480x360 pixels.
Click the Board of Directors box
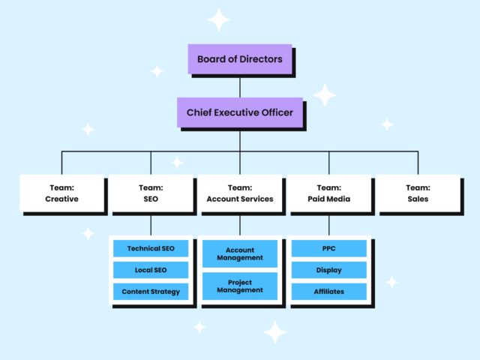click(x=239, y=58)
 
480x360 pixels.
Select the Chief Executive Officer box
click(x=239, y=112)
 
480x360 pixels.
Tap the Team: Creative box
click(x=61, y=193)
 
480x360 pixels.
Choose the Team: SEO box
click(x=150, y=193)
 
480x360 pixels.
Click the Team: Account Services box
click(x=239, y=193)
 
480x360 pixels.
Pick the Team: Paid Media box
click(x=328, y=193)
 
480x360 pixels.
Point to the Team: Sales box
click(x=417, y=193)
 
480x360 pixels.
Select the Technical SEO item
click(x=150, y=248)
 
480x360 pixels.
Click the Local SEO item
click(x=150, y=269)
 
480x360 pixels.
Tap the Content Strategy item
click(x=150, y=291)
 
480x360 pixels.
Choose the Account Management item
click(x=239, y=253)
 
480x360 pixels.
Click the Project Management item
click(x=239, y=286)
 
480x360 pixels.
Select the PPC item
click(x=328, y=248)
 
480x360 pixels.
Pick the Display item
click(x=328, y=269)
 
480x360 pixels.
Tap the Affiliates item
click(x=328, y=291)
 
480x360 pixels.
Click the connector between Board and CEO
click(x=239, y=86)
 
